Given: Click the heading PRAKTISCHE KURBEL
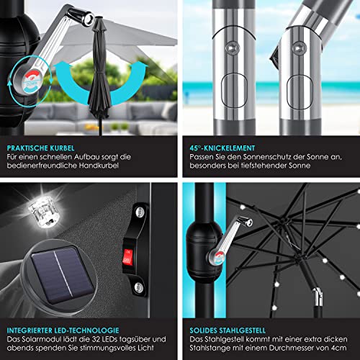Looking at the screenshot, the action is click(40, 148).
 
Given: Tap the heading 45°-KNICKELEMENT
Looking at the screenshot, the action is click(222, 148).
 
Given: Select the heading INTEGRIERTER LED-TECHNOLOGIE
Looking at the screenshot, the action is click(63, 330).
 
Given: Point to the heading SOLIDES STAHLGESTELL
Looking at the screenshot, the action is click(228, 330).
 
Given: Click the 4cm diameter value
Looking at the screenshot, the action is click(339, 348).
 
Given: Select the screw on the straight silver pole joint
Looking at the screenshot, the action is click(233, 48).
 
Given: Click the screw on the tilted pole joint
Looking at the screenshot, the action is click(299, 48).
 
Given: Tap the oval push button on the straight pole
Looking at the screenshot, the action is click(234, 91).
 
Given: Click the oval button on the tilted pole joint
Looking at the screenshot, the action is click(300, 92).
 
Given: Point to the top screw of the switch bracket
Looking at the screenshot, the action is click(140, 212).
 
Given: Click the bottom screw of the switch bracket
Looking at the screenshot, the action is click(138, 287).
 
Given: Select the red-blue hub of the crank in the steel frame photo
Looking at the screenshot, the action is click(218, 257).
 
